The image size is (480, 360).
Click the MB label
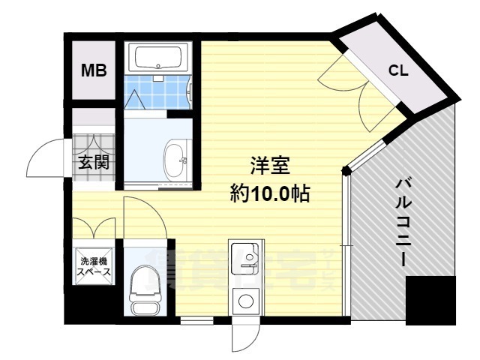click(x=94, y=71)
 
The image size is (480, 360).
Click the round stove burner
click(x=244, y=302)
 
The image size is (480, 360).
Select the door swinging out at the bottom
click(x=244, y=337)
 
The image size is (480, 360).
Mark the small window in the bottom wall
click(x=196, y=320)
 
